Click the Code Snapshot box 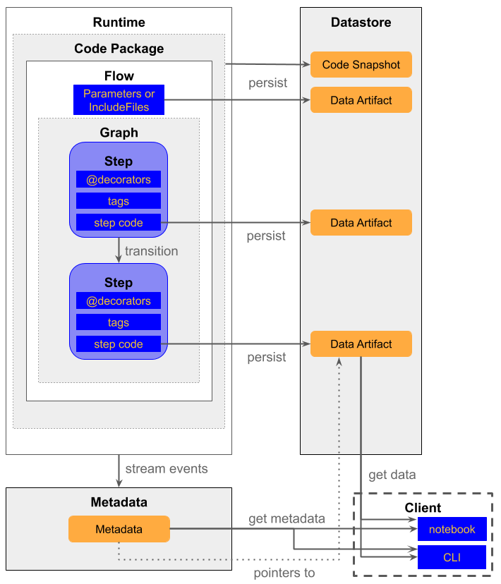(361, 65)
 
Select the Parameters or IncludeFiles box (119, 100)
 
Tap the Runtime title (119, 23)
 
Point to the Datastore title (361, 23)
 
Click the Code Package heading (119, 49)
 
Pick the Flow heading (119, 75)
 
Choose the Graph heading (119, 133)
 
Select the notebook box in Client (452, 529)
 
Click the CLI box (452, 557)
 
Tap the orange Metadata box (119, 529)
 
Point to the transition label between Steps (151, 251)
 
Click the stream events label (167, 468)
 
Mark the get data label (392, 475)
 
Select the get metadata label (286, 519)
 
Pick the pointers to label (284, 573)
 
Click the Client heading (423, 508)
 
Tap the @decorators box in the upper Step (119, 180)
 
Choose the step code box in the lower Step (119, 344)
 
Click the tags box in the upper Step (119, 201)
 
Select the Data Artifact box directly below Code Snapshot (361, 100)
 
